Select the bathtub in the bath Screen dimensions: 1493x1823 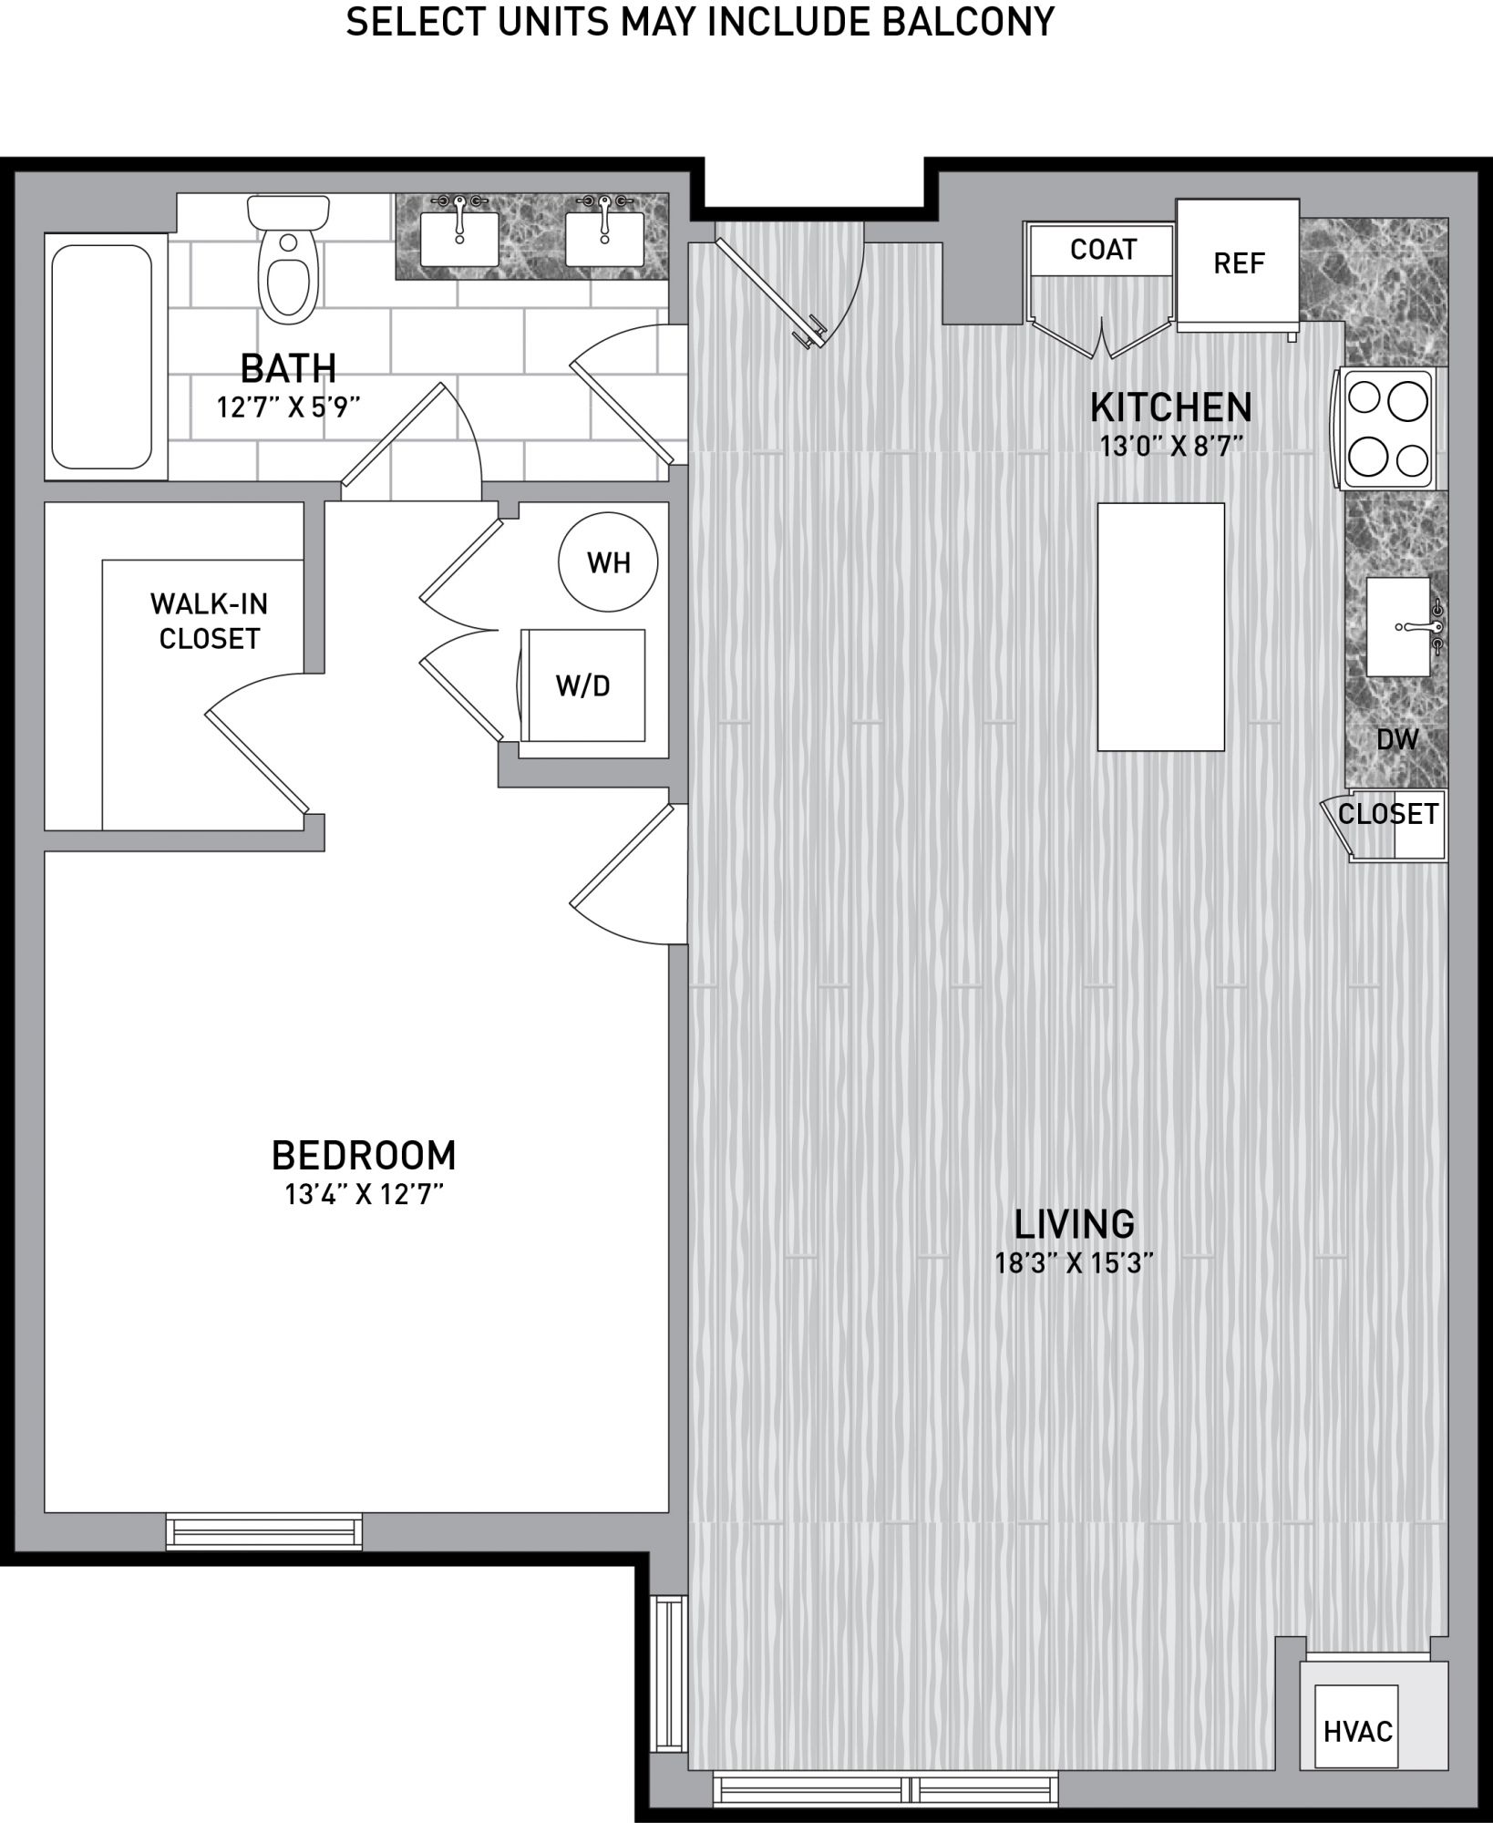click(x=102, y=356)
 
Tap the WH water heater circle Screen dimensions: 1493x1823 click(x=608, y=562)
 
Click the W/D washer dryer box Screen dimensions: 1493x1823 click(x=582, y=685)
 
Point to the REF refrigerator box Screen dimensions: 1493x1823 click(x=1238, y=264)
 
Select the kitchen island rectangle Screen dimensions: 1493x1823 click(x=1160, y=627)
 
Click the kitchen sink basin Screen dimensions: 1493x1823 click(x=1398, y=627)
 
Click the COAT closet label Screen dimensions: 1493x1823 click(x=1103, y=249)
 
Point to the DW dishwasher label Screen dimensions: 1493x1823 click(x=1397, y=739)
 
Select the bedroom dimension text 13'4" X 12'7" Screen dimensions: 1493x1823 click(x=364, y=1194)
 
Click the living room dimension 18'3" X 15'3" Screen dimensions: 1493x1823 click(x=1075, y=1263)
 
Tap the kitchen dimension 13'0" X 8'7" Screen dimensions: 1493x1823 click(x=1171, y=447)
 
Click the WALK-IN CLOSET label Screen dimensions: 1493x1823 click(x=210, y=621)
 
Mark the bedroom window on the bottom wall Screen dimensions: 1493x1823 click(x=264, y=1530)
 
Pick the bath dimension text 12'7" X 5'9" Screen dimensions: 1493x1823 click(x=288, y=407)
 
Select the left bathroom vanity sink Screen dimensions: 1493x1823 click(x=458, y=239)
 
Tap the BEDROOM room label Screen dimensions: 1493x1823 click(x=364, y=1155)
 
